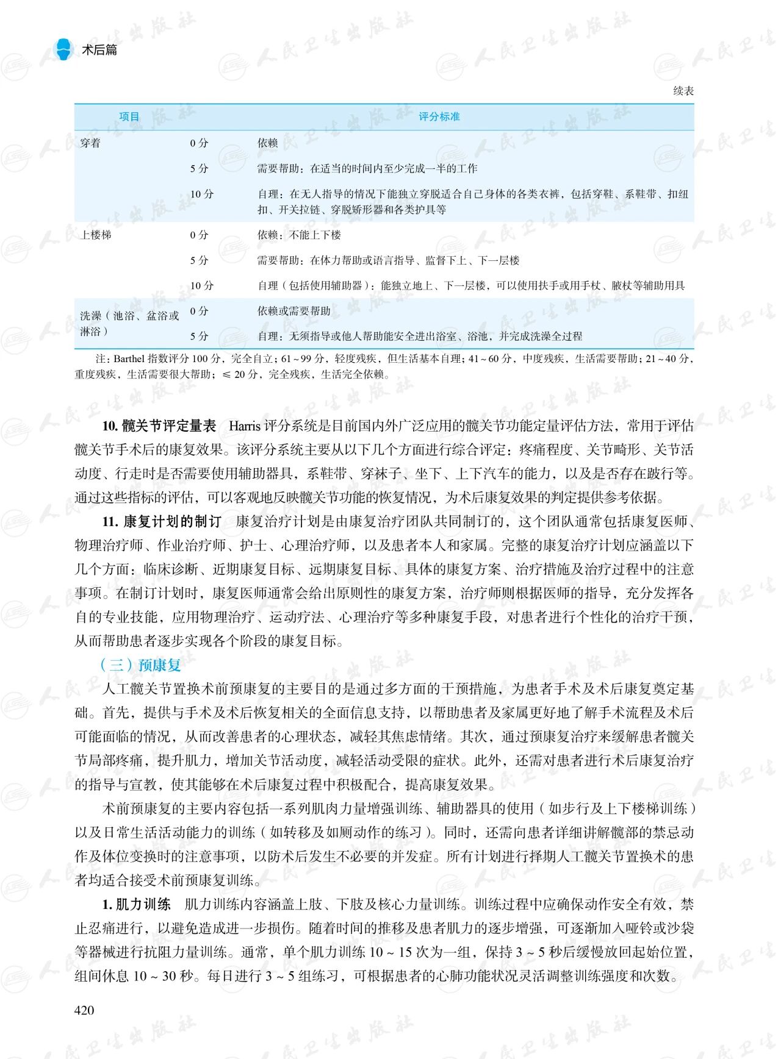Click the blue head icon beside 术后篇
pos(63,49)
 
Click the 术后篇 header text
pos(99,50)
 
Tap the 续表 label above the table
pos(683,91)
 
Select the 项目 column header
pos(129,116)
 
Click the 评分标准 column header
pos(439,116)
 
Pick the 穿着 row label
pos(90,143)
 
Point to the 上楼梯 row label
pos(96,235)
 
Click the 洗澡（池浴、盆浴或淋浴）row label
pos(129,323)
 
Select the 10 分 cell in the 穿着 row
pos(202,194)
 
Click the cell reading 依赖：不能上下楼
pos(299,235)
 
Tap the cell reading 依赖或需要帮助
pos(293,311)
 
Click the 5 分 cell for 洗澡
pos(199,336)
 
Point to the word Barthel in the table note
pos(128,358)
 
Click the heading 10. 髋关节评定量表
pos(159,426)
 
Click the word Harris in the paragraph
pos(244,426)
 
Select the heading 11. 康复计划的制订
pos(162,521)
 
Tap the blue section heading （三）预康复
pos(140,665)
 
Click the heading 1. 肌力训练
pos(136,904)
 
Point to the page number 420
pos(84,1010)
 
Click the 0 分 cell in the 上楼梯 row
pos(199,235)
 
